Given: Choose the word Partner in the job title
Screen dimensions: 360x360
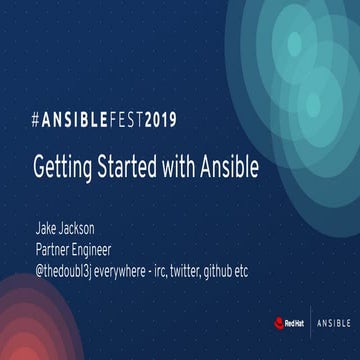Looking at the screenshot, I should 56,248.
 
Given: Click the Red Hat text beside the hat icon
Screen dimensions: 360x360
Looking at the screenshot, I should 297,322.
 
